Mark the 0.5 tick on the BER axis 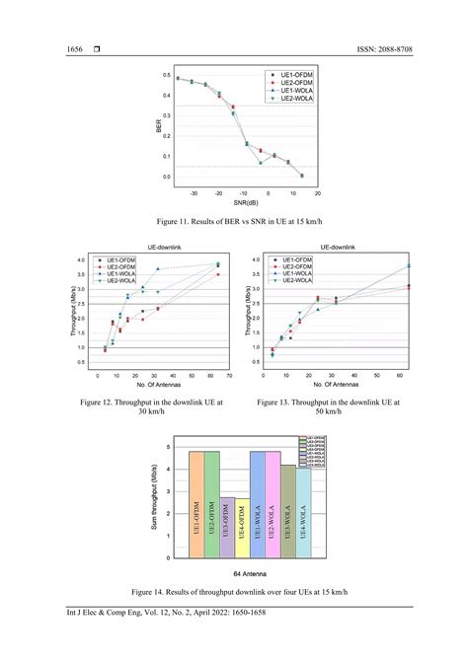[167, 76]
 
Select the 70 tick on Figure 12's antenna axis [229, 376]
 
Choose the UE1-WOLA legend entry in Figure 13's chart [299, 274]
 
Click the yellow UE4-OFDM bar [242, 533]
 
